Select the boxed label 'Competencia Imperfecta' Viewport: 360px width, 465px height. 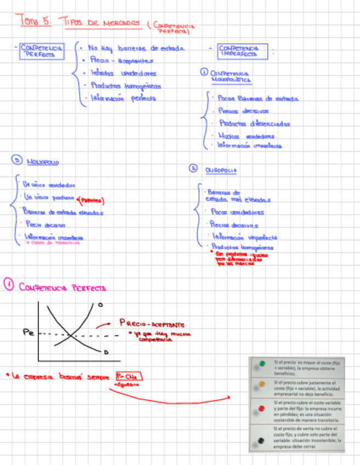click(241, 51)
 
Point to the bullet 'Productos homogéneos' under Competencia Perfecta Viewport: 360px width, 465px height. click(126, 86)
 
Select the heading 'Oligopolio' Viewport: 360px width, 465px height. click(221, 170)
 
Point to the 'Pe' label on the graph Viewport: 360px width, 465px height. click(29, 332)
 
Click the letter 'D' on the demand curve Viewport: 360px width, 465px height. click(105, 351)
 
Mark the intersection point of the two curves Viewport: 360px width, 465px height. click(71, 334)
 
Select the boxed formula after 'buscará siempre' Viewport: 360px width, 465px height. click(129, 377)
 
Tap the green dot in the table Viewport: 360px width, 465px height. click(263, 363)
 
